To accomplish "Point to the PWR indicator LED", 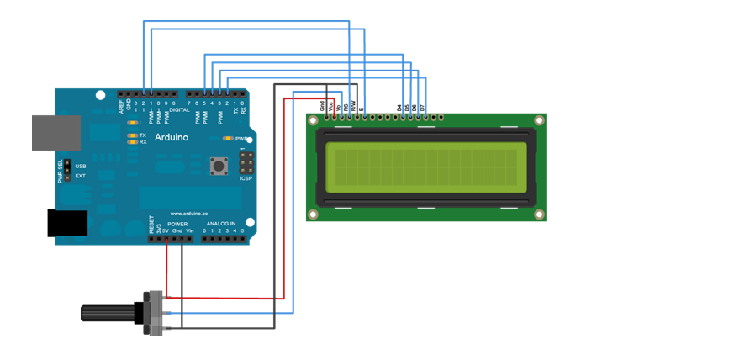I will tap(227, 138).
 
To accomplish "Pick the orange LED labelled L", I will tap(132, 124).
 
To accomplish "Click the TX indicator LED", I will tap(132, 135).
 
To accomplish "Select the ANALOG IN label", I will tap(222, 224).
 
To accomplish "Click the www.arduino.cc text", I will tap(188, 214).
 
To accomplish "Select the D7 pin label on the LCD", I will tap(421, 108).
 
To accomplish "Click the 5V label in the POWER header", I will tap(166, 230).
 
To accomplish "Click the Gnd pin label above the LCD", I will tap(322, 105).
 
